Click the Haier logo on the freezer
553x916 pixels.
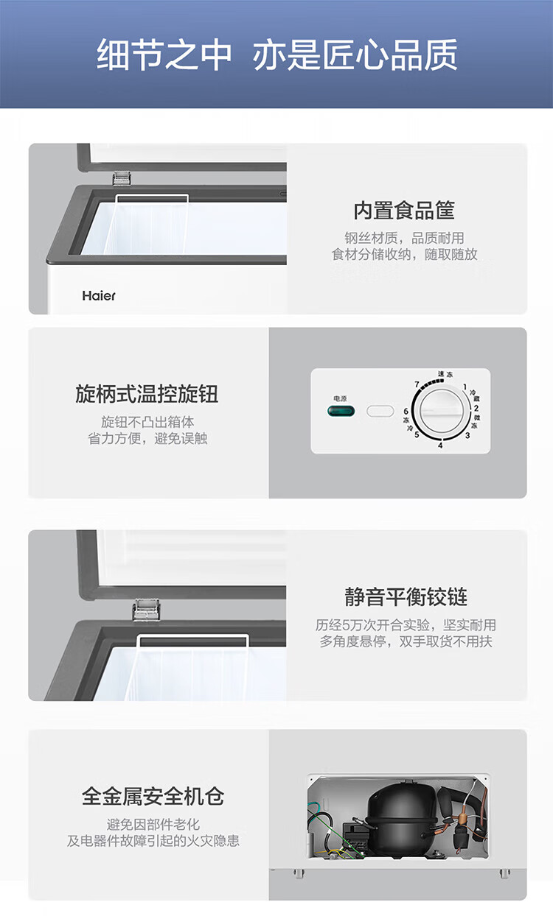point(99,296)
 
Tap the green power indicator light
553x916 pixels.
point(341,411)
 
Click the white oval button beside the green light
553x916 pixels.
point(380,411)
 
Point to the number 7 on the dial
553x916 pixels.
point(417,384)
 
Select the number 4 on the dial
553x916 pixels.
point(440,445)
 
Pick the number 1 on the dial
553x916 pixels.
point(465,387)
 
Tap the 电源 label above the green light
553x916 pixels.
point(340,398)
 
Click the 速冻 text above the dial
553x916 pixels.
point(445,374)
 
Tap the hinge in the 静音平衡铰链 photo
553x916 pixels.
point(146,610)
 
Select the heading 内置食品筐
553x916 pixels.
point(404,211)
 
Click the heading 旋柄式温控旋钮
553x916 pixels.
point(147,394)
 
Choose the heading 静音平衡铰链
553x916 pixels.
point(406,597)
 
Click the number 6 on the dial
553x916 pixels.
point(406,411)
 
